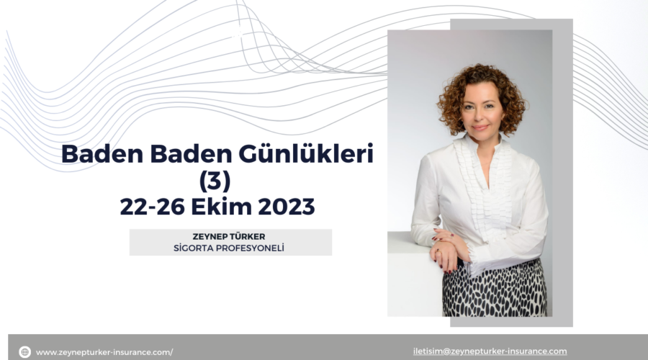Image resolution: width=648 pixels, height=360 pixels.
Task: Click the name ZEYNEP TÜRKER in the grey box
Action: click(230, 237)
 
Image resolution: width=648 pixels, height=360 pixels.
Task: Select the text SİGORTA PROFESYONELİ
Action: click(230, 248)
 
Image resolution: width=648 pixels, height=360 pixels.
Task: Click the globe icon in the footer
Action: click(24, 352)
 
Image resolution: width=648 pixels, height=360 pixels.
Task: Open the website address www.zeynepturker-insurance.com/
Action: click(104, 352)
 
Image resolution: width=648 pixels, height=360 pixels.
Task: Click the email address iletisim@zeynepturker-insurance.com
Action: click(490, 351)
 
